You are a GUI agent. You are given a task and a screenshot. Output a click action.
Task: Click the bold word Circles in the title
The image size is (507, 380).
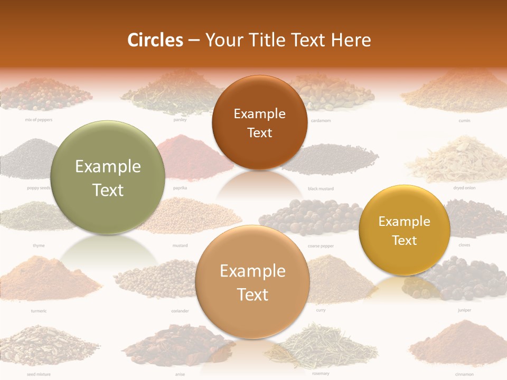click(155, 40)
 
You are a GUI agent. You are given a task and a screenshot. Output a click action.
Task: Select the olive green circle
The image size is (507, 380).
click(108, 178)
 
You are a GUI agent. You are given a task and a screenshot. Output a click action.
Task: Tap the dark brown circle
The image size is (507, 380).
click(259, 122)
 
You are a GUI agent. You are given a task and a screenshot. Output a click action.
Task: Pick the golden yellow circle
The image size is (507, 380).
click(404, 230)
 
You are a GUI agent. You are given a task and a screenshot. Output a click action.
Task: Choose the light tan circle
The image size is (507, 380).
click(252, 282)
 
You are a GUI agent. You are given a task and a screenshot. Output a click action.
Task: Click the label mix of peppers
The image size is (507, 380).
click(39, 120)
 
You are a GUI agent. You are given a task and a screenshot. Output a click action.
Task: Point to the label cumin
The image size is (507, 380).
click(464, 120)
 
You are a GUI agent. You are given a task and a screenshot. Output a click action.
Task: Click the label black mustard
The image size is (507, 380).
click(321, 188)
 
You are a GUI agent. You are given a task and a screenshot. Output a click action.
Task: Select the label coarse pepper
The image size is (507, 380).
click(321, 246)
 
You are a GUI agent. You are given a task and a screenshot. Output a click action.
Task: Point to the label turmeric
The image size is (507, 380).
click(39, 311)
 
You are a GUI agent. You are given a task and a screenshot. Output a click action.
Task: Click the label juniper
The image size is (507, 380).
click(464, 310)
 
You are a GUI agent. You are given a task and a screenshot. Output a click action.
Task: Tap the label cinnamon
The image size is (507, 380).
click(464, 374)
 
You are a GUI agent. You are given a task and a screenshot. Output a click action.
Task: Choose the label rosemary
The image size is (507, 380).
click(321, 374)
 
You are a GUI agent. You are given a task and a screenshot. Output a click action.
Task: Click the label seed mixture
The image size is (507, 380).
click(39, 374)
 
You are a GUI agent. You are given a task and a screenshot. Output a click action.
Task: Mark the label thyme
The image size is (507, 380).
click(39, 245)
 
